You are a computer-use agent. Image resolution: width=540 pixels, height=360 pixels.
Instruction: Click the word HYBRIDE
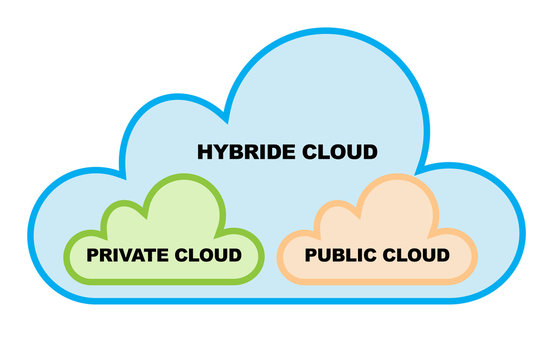pos(240,153)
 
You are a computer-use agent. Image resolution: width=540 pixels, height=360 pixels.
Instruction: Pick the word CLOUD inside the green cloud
pos(206,255)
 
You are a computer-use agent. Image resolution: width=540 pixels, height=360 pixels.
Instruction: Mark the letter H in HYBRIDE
pos(203,153)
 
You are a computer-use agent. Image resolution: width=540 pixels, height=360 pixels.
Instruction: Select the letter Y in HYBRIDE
pos(218,153)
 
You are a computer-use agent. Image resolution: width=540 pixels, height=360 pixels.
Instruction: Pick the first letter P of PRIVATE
pos(93,255)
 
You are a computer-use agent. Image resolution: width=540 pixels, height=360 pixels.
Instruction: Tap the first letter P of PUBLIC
pos(310,255)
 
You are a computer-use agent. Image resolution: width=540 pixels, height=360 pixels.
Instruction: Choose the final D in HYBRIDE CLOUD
pos(369,153)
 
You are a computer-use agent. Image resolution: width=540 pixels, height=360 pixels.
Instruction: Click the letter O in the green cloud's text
pos(200,255)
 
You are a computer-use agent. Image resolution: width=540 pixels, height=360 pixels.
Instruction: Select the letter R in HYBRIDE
pos(248,153)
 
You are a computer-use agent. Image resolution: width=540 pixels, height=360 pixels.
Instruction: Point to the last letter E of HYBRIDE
pos(285,153)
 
